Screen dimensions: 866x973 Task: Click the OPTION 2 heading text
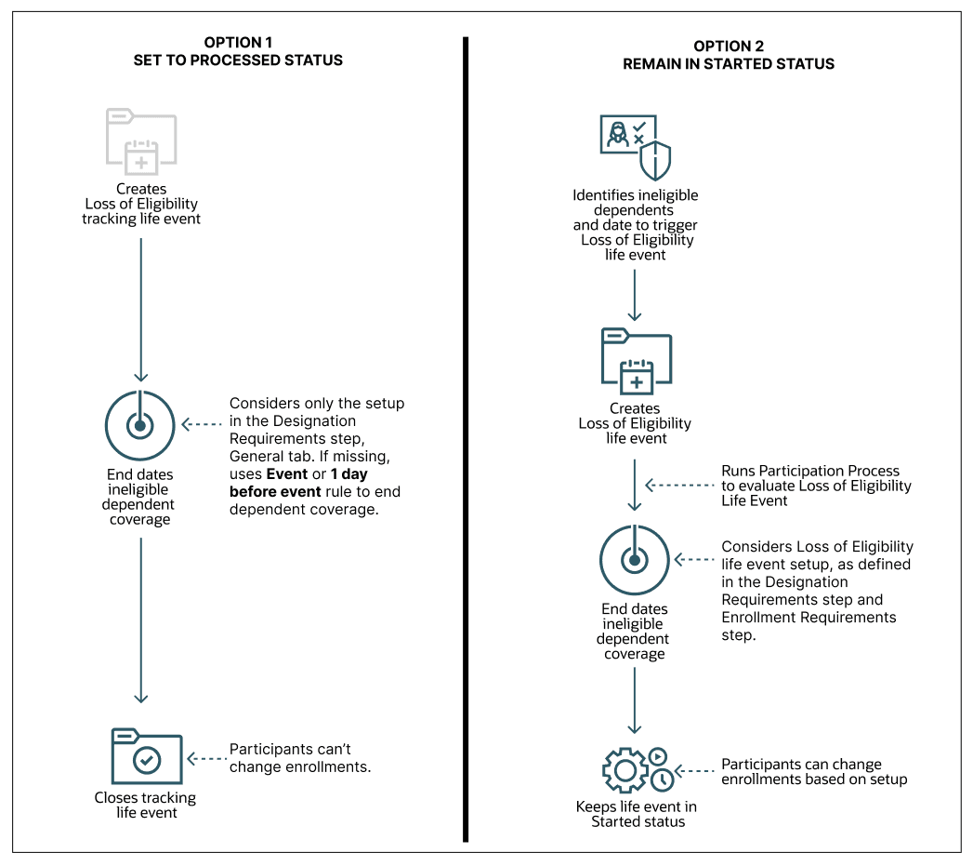(x=728, y=47)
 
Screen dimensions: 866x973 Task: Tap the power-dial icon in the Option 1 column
(x=139, y=426)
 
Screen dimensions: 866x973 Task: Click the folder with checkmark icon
(x=146, y=756)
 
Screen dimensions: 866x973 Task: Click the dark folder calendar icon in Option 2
(x=637, y=362)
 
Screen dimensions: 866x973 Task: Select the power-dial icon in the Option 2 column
(x=635, y=560)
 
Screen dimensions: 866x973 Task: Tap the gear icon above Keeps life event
(x=625, y=770)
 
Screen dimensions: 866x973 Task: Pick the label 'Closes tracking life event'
(x=145, y=805)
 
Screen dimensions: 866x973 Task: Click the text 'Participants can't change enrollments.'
(x=299, y=757)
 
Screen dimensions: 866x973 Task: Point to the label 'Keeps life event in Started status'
(x=637, y=814)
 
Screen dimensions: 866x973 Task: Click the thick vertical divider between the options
(x=465, y=437)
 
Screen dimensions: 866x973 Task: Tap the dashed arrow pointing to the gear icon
(x=694, y=771)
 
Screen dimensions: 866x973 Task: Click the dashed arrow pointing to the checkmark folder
(x=205, y=758)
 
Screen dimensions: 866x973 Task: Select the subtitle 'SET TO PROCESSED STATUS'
(x=238, y=60)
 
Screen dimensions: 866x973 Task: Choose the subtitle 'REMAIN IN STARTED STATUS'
(x=728, y=64)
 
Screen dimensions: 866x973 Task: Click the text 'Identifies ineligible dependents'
(x=635, y=203)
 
